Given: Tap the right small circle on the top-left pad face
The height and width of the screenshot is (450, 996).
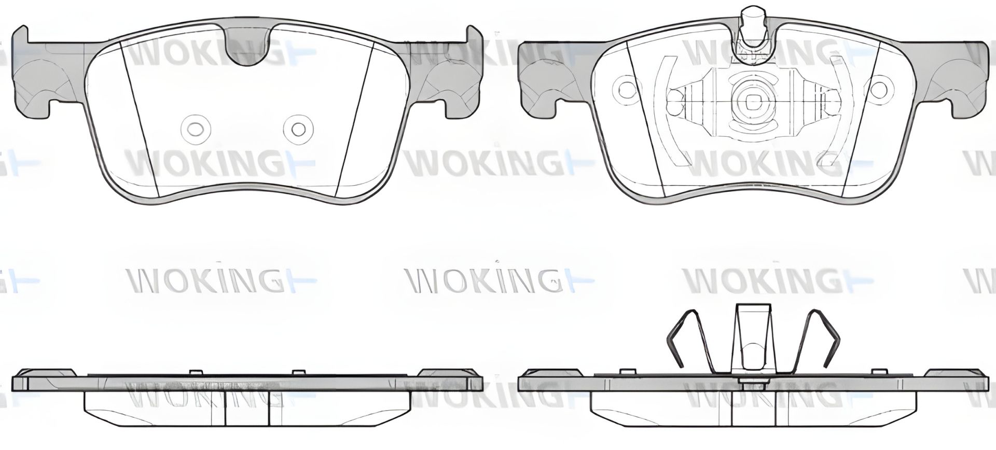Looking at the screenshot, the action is point(298,129).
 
